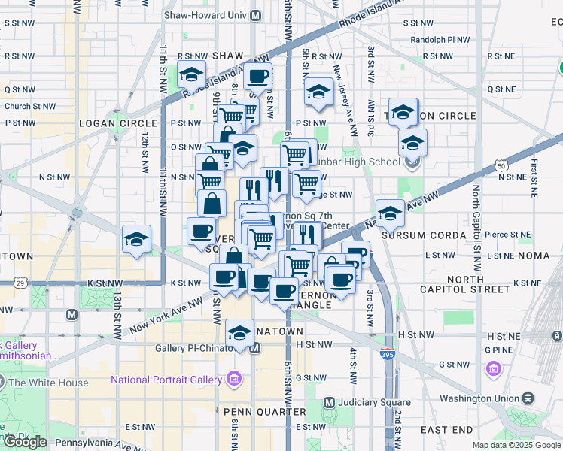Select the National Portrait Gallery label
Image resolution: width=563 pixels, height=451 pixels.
pyautogui.click(x=166, y=379)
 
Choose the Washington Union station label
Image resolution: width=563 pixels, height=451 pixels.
pyautogui.click(x=479, y=398)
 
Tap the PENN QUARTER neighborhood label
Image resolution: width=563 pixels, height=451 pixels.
pyautogui.click(x=264, y=412)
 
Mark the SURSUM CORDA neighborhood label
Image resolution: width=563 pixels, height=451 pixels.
pyautogui.click(x=425, y=235)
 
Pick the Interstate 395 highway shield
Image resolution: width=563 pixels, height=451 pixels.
pyautogui.click(x=388, y=352)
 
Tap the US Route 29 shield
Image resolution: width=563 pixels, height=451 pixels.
pyautogui.click(x=20, y=283)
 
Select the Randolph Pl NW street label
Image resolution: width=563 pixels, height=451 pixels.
pyautogui.click(x=440, y=40)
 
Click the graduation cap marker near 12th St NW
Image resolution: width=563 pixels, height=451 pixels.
pyautogui.click(x=136, y=240)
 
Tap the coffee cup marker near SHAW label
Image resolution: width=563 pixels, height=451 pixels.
pyautogui.click(x=258, y=76)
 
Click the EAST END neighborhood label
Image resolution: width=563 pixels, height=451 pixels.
pyautogui.click(x=447, y=430)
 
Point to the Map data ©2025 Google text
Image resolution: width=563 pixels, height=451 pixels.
pyautogui.click(x=516, y=445)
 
